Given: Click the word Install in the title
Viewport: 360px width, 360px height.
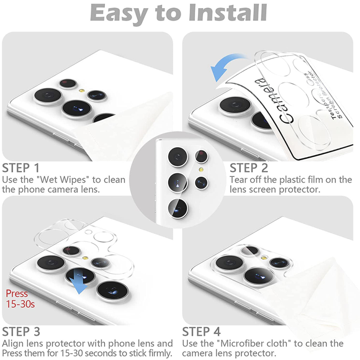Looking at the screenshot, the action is click(x=228, y=13).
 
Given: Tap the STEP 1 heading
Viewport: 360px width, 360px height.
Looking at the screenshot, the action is click(x=21, y=168).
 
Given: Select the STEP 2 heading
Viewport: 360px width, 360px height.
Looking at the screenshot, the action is click(x=249, y=168).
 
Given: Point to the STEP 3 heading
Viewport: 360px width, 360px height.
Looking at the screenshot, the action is click(x=21, y=332).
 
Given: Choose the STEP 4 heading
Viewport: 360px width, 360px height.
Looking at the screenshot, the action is click(x=201, y=332).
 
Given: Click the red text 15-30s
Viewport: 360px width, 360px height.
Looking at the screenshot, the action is click(x=20, y=304).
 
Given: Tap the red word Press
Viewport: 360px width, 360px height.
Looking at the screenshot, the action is click(x=17, y=294).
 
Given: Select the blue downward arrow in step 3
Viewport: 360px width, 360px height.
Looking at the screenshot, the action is click(x=78, y=283).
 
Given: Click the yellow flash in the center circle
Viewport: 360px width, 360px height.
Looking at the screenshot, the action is click(x=201, y=170).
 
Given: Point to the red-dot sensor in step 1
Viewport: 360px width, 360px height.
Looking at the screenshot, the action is click(x=67, y=83).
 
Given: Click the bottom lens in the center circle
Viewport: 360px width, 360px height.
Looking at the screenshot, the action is click(x=178, y=209).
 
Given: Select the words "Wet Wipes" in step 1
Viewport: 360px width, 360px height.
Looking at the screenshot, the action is click(x=64, y=180).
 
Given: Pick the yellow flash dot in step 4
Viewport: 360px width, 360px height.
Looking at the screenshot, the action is click(x=264, y=258).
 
